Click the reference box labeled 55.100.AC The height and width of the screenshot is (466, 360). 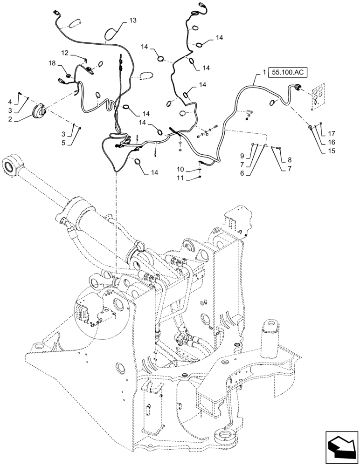290,73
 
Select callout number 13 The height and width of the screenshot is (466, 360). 133,21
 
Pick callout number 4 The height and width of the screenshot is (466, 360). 10,101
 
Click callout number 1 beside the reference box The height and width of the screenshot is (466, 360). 264,73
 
